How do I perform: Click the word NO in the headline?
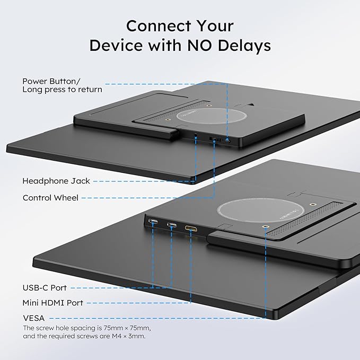point(199,45)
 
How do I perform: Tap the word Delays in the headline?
point(244,46)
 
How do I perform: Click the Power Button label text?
point(51,81)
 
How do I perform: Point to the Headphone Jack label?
point(56,181)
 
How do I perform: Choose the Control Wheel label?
point(50,198)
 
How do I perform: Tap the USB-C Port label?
point(45,288)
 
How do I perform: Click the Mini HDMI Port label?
point(53,303)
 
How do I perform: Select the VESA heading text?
point(34,318)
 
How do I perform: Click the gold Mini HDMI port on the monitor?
point(191,228)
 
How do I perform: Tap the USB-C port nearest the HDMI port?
point(172,225)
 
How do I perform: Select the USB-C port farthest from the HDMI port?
point(153,222)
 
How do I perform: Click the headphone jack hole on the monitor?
point(196,137)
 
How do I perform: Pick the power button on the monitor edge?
point(228,141)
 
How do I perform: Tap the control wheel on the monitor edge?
point(215,139)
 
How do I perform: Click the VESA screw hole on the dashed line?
point(266,227)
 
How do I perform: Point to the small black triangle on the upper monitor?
point(252,104)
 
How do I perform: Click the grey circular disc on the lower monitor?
point(260,210)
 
